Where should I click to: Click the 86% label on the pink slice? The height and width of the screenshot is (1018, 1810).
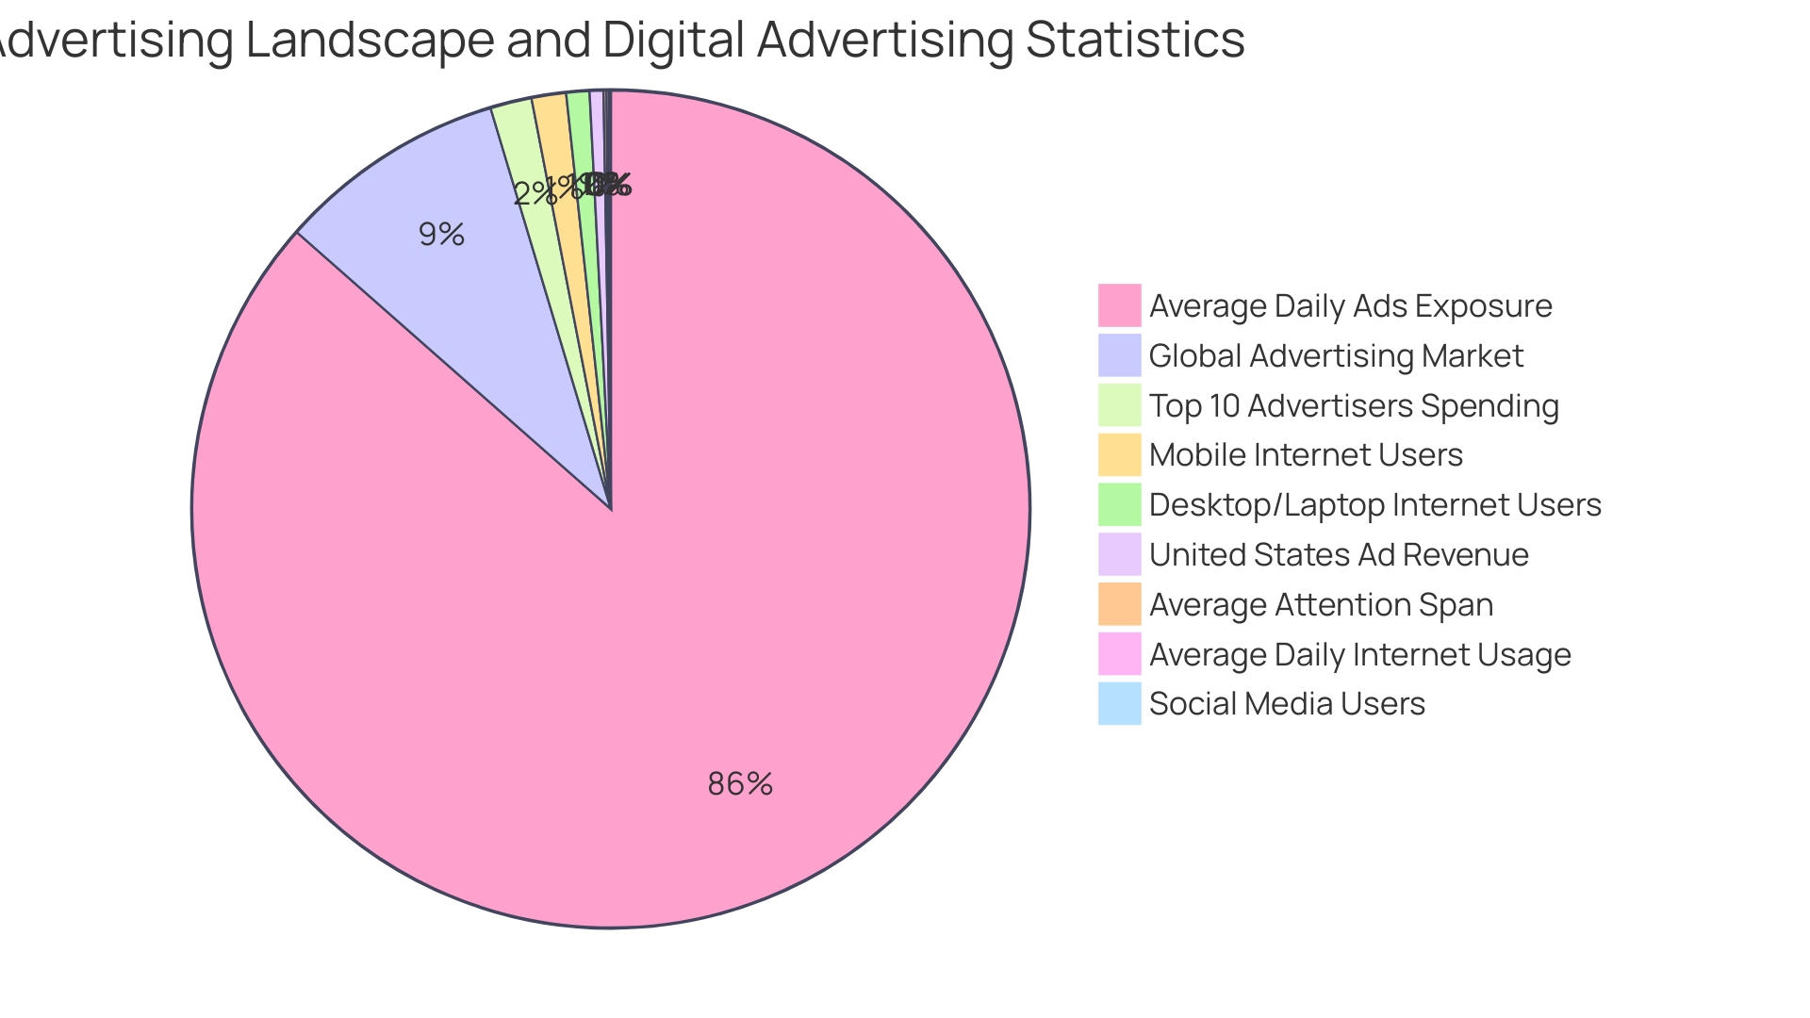tap(740, 784)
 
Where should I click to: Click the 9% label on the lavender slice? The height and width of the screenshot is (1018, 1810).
tap(441, 235)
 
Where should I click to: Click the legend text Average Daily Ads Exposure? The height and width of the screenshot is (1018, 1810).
tap(1350, 306)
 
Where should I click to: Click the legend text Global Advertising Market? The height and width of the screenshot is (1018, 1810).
tap(1336, 356)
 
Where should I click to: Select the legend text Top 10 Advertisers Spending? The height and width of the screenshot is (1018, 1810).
tap(1354, 406)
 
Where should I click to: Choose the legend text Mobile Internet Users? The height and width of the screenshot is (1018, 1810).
tap(1306, 455)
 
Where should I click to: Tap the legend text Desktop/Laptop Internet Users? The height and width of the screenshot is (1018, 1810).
tap(1374, 505)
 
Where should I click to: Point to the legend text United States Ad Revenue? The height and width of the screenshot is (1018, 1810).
tap(1339, 555)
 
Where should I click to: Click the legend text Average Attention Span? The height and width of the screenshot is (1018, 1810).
tap(1321, 605)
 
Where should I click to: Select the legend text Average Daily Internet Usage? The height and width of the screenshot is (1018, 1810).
tap(1359, 655)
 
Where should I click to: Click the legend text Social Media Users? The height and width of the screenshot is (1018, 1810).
tap(1287, 704)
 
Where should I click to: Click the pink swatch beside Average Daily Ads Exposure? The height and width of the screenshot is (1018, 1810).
tap(1119, 305)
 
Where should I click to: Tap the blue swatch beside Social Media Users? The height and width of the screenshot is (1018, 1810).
tap(1119, 704)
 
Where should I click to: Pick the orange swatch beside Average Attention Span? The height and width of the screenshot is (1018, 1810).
tap(1119, 604)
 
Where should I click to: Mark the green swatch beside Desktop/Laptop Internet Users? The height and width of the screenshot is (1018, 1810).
tap(1119, 504)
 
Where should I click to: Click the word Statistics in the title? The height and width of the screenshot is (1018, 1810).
tap(1135, 40)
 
